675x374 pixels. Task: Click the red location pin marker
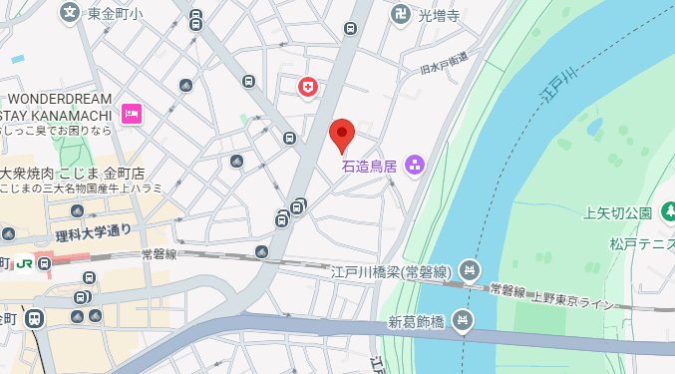pyautogui.click(x=342, y=134)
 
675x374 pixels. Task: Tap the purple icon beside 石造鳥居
pyautogui.click(x=415, y=165)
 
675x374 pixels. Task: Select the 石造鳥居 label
pyautogui.click(x=370, y=166)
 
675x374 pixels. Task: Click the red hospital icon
pyautogui.click(x=308, y=88)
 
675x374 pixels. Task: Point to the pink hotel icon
pyautogui.click(x=130, y=115)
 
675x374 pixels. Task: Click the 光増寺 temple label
pyautogui.click(x=438, y=16)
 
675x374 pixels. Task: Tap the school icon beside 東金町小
pyautogui.click(x=69, y=13)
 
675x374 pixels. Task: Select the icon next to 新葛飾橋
pyautogui.click(x=462, y=320)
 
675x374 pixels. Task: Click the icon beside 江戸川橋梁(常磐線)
pyautogui.click(x=472, y=271)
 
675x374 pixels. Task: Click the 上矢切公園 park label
pyautogui.click(x=618, y=212)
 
